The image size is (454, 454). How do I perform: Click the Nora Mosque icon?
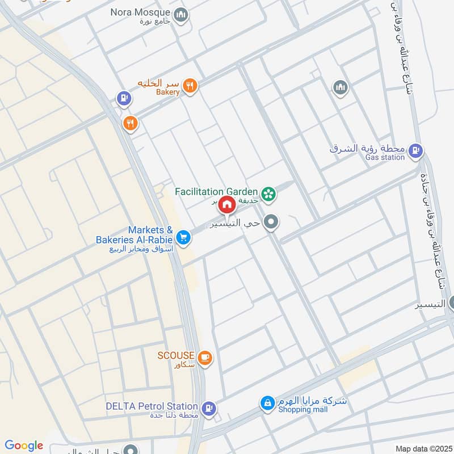[x=181, y=15]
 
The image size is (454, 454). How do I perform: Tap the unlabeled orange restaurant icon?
[x=131, y=122]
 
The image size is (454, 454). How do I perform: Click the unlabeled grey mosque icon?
[x=340, y=87]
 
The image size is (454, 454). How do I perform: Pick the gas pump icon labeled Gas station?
[x=416, y=150]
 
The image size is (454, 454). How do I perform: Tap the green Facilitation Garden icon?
[x=269, y=194]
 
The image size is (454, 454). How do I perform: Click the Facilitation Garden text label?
[x=217, y=191]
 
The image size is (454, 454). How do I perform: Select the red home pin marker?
[x=227, y=204]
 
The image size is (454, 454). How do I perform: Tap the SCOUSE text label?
[x=176, y=355]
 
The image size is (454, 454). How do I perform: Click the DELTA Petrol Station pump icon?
[x=209, y=407]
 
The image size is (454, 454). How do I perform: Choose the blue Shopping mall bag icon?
[x=267, y=403]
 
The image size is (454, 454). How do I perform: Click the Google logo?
[x=24, y=445]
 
